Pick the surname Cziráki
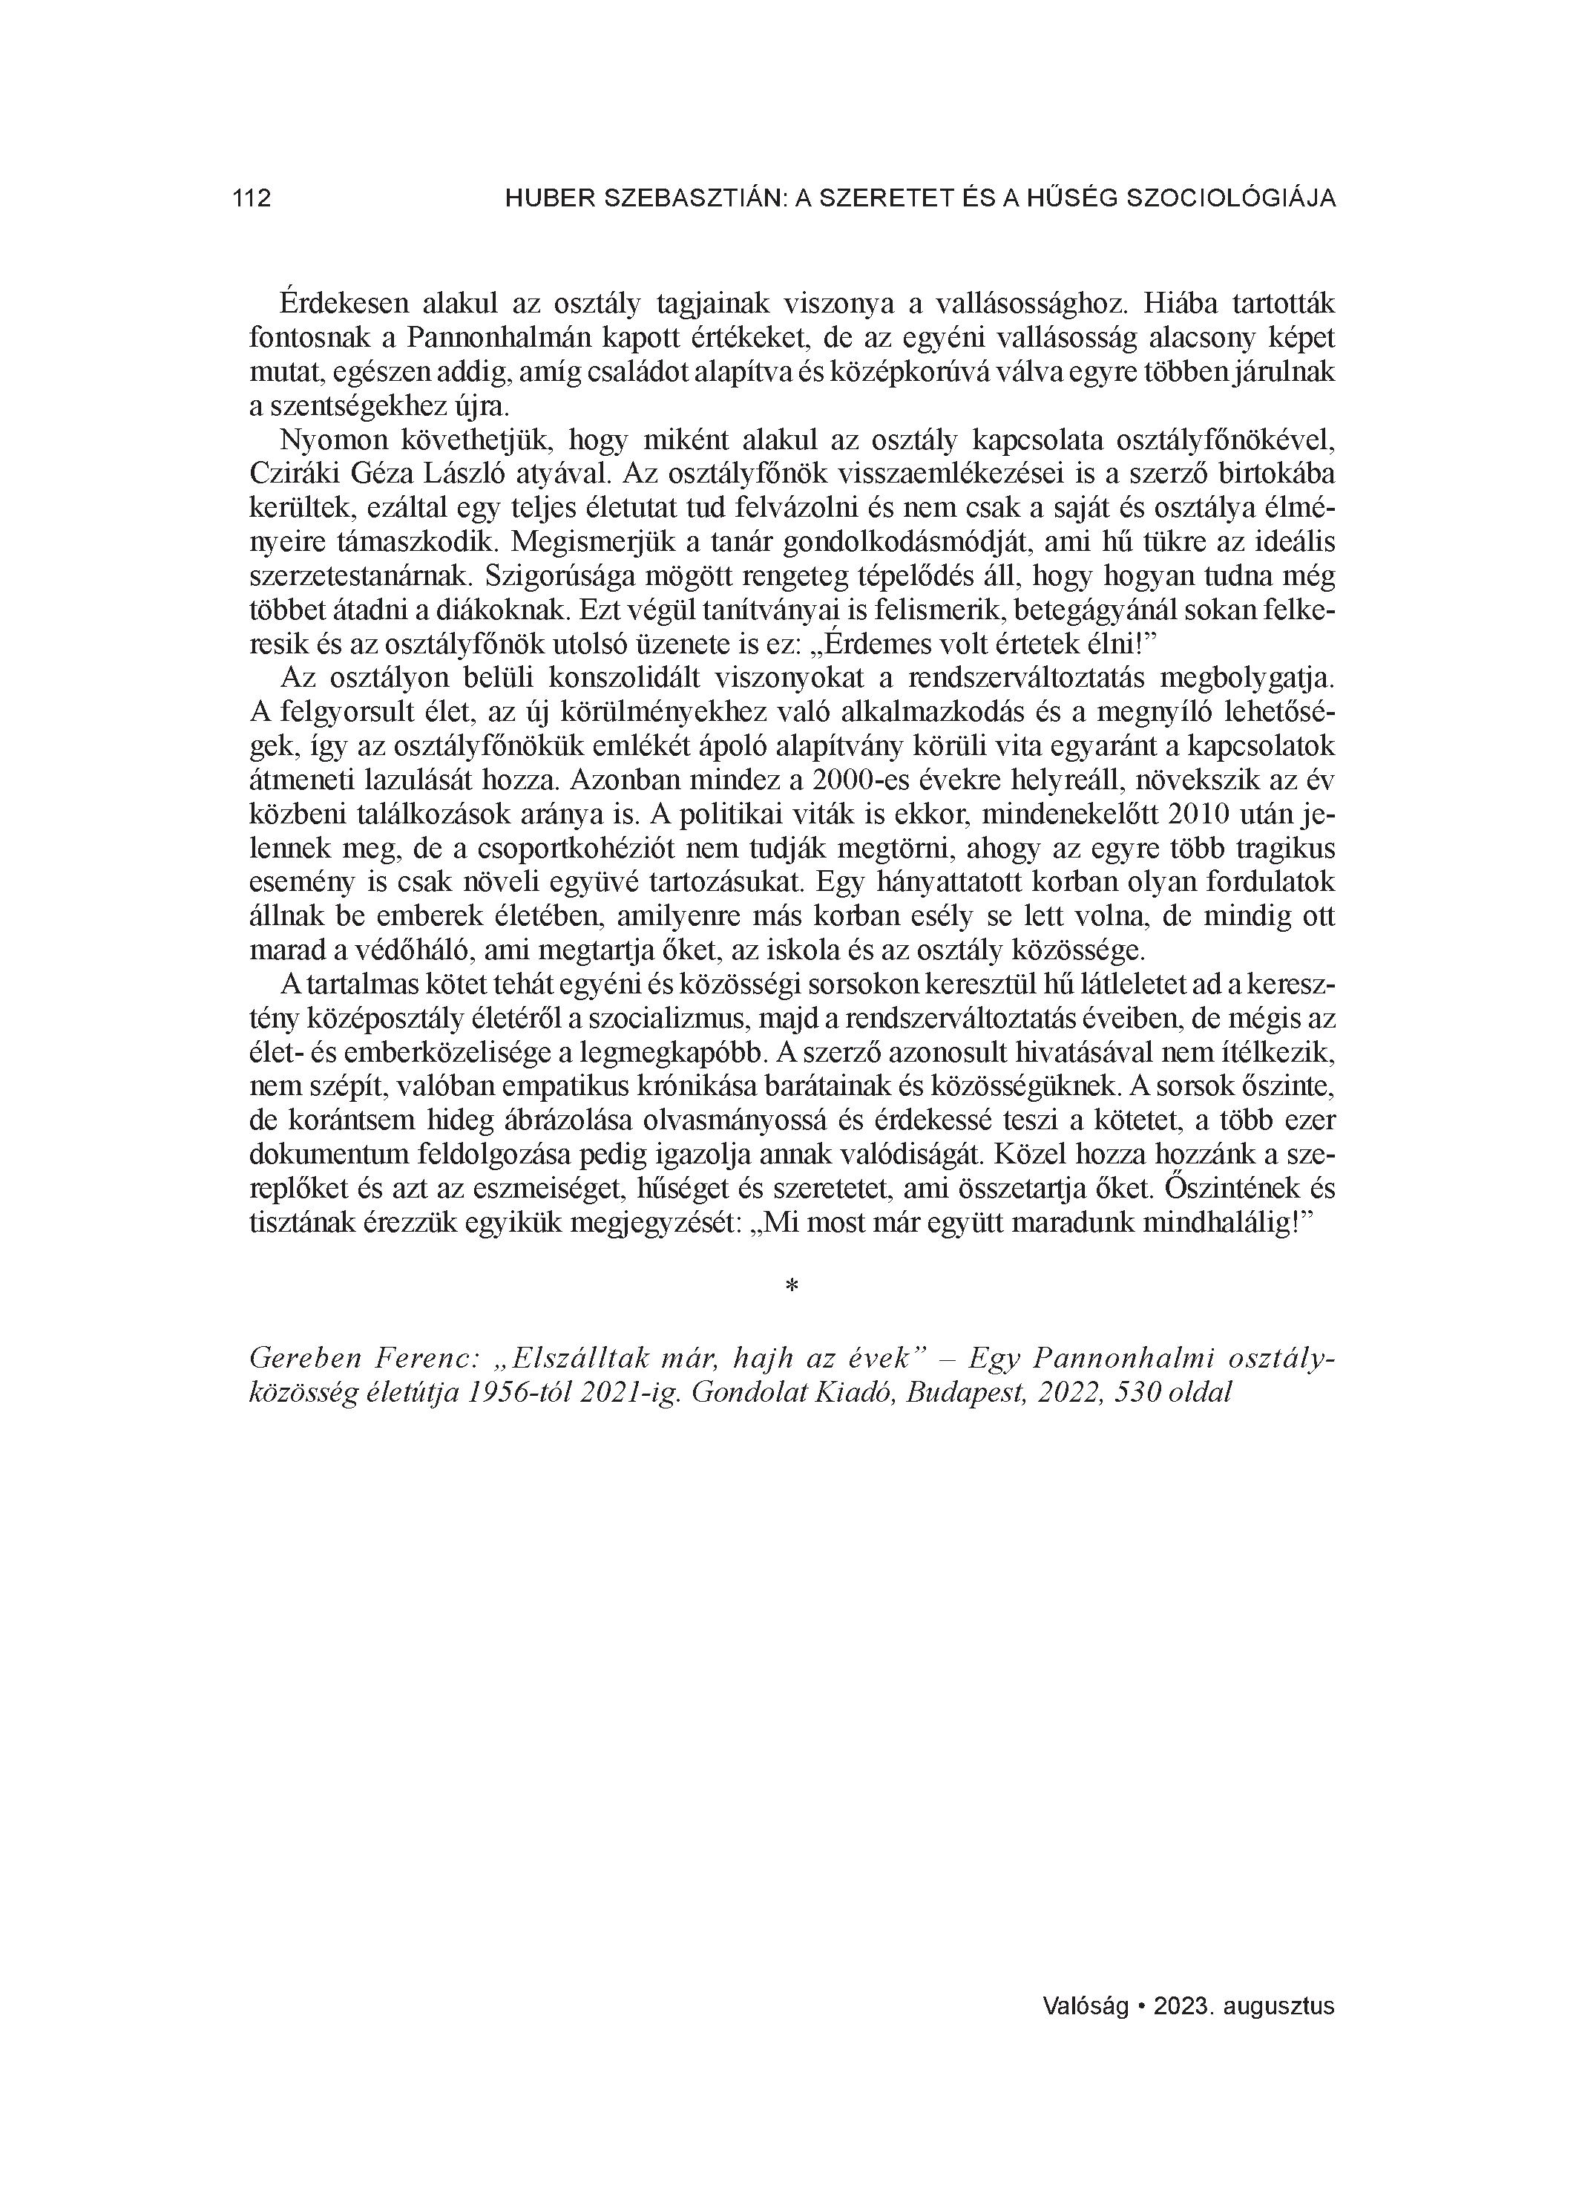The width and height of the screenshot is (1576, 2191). [x=292, y=474]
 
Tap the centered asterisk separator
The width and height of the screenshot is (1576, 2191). [x=792, y=1286]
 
